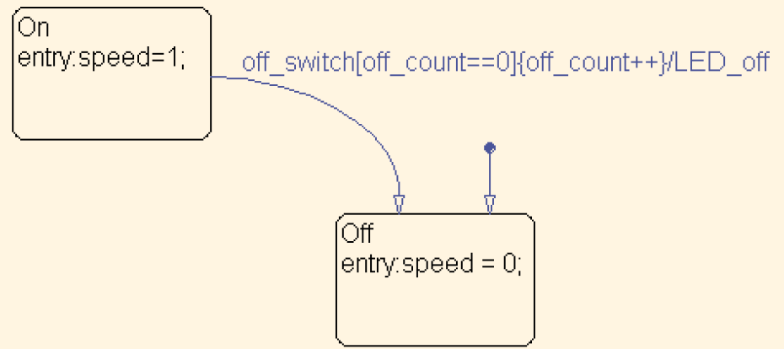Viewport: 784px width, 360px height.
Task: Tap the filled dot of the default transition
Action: [x=490, y=148]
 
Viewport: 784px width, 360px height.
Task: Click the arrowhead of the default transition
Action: [x=490, y=204]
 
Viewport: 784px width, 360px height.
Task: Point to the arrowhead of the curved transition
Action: [x=399, y=204]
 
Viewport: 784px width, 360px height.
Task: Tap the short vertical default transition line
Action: [x=490, y=175]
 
